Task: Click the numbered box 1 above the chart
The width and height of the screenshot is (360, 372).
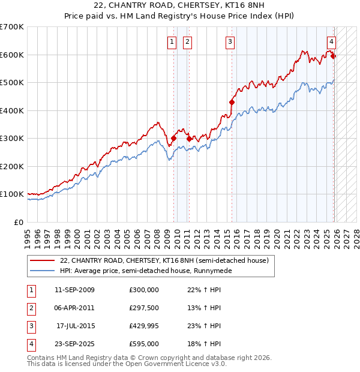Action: point(172,41)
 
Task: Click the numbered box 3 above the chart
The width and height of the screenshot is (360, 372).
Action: point(230,41)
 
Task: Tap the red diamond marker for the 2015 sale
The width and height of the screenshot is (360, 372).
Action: point(232,103)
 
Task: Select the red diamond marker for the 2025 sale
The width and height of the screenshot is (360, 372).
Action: point(334,56)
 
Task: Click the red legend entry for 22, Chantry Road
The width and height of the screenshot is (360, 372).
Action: point(167,260)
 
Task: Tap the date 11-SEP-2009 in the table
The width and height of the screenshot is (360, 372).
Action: point(74,290)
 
